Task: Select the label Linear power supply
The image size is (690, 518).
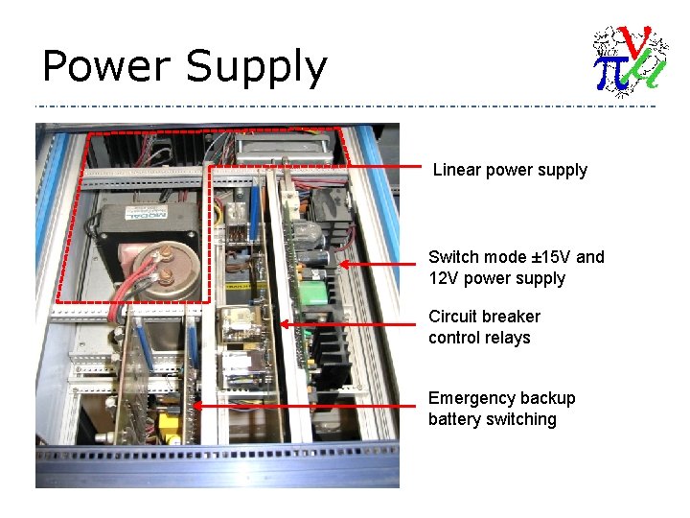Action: [510, 170]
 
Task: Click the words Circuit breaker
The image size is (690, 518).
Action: [484, 317]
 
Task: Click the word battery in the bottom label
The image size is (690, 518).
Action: [454, 419]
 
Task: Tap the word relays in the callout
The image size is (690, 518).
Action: [508, 338]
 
